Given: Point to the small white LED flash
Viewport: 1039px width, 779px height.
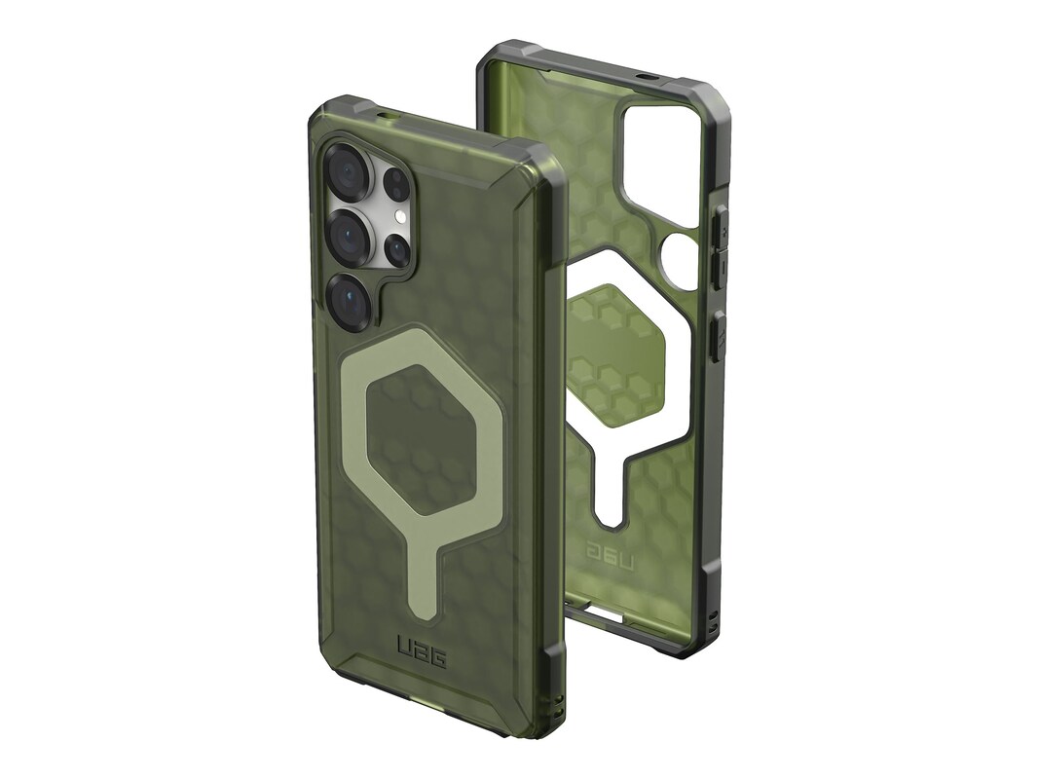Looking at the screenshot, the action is coord(399,216).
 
